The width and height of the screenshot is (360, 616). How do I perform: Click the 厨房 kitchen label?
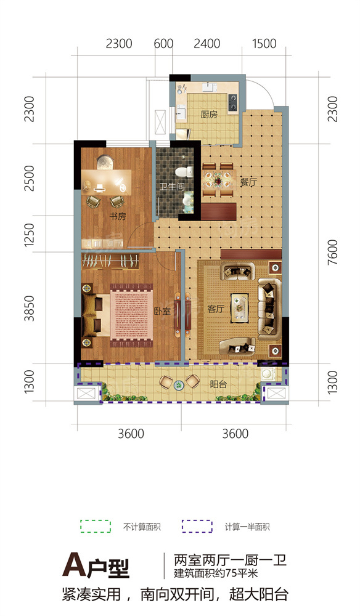209,115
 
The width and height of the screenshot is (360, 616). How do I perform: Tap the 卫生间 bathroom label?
172,186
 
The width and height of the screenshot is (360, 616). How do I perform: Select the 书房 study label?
117,216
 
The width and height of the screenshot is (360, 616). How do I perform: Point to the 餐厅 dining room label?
248,182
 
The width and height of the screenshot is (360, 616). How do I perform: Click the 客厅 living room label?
216,309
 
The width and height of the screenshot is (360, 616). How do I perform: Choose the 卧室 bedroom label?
162,311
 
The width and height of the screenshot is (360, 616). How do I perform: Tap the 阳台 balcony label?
218,384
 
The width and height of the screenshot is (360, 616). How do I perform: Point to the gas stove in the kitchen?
232,102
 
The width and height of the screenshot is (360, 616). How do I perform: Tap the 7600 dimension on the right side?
332,251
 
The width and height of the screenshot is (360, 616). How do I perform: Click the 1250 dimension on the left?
29,235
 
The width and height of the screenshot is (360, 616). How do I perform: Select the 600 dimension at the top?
163,43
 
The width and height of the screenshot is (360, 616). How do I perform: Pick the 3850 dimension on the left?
29,309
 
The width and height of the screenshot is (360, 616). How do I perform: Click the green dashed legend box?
96,527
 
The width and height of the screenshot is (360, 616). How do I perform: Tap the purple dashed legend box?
197,527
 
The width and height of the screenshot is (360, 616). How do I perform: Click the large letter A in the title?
73,564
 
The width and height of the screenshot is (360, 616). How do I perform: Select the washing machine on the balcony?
269,373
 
